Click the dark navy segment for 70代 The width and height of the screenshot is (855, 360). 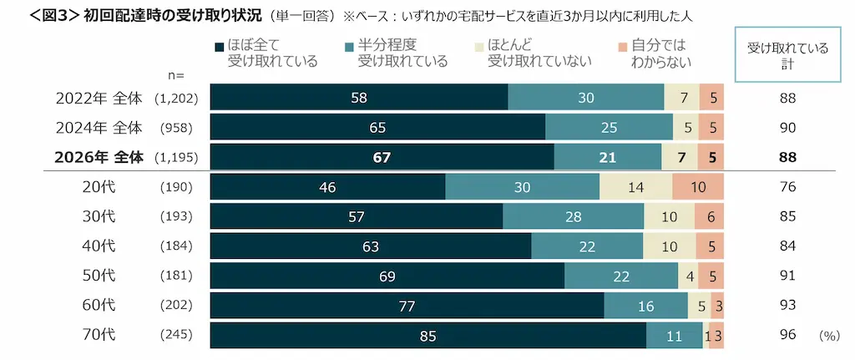[x=428, y=336]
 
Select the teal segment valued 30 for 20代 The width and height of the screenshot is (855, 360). [x=523, y=187]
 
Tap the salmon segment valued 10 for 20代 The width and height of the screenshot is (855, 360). [x=698, y=187]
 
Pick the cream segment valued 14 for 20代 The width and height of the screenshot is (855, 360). [x=635, y=187]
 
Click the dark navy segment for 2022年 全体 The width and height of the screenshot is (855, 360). [x=359, y=98]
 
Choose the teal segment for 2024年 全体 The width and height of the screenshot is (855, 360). [x=609, y=128]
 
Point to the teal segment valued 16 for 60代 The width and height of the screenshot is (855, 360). [x=645, y=306]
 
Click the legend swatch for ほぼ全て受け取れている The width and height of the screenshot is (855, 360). [x=220, y=47]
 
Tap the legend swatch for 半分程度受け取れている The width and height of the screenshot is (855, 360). [x=350, y=47]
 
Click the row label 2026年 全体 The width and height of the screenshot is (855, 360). [x=99, y=158]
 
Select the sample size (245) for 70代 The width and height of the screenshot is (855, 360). [x=176, y=336]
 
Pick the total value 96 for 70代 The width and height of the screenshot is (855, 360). [x=787, y=336]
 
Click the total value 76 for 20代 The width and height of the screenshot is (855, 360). [x=787, y=187]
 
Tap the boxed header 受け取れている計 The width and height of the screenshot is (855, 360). [x=787, y=54]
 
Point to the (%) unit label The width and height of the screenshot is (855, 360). [x=829, y=336]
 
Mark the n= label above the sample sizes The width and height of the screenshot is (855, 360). [x=177, y=75]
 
